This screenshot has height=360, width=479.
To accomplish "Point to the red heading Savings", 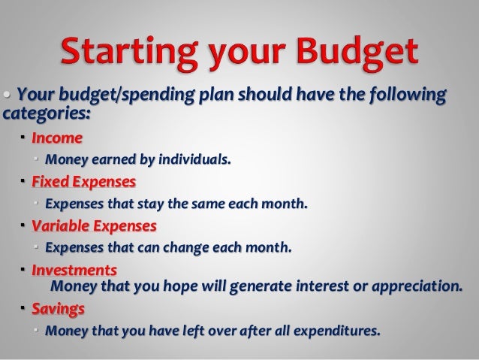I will pyautogui.click(x=58, y=309).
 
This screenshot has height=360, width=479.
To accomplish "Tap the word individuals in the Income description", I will pyautogui.click(x=194, y=159).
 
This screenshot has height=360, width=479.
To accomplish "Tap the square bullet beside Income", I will pyautogui.click(x=23, y=138).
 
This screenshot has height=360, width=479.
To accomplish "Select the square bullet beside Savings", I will pyautogui.click(x=23, y=308).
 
